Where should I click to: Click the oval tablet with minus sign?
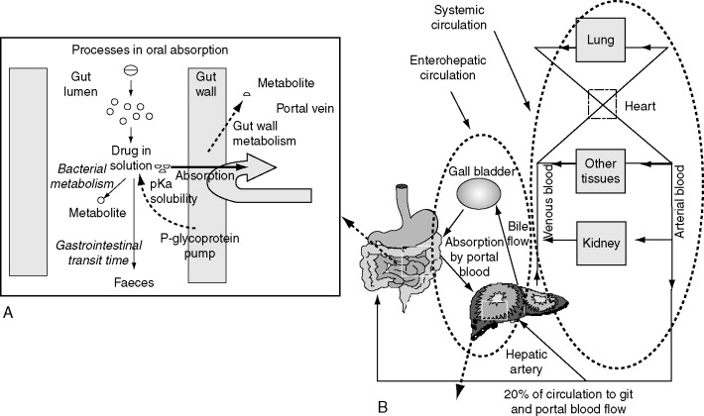(x=129, y=69)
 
